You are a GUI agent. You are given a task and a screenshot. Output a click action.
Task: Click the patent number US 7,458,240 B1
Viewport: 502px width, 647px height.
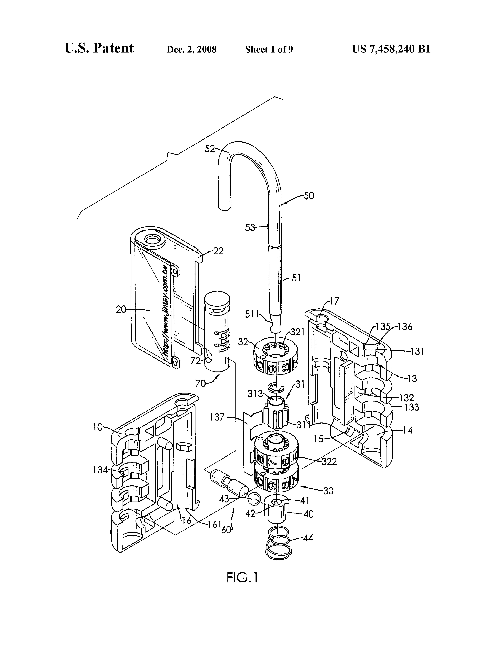click(x=391, y=49)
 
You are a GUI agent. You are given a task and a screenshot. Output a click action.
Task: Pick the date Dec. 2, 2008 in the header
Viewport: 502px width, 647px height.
click(x=192, y=49)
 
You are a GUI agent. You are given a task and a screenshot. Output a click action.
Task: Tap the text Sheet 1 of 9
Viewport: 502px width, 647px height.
click(x=269, y=49)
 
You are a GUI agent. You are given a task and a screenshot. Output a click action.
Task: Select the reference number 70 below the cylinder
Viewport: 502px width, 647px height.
click(x=201, y=383)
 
